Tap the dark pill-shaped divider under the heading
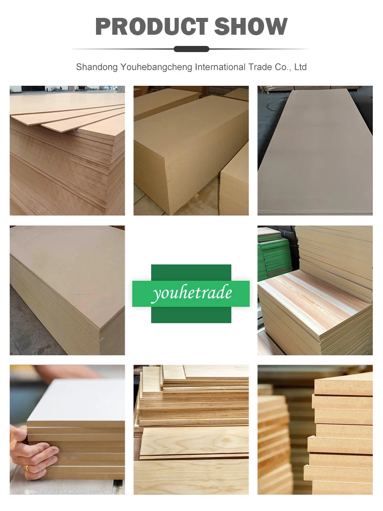(x=192, y=49)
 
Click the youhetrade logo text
(x=191, y=293)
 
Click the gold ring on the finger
(x=26, y=468)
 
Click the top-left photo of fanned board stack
(x=67, y=151)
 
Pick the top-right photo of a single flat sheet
(x=315, y=151)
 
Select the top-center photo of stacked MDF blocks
(x=191, y=151)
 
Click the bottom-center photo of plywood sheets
(x=191, y=429)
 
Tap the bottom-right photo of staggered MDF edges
(x=315, y=429)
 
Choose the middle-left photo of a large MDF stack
(x=67, y=290)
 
